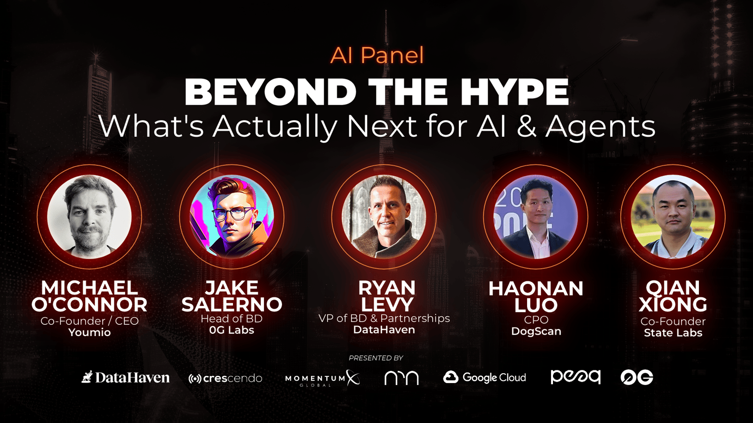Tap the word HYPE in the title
pyautogui.click(x=515, y=92)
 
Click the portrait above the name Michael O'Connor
pyautogui.click(x=89, y=217)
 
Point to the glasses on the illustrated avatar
pyautogui.click(x=232, y=214)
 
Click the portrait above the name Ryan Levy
pyautogui.click(x=384, y=217)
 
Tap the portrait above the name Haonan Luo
pyautogui.click(x=536, y=217)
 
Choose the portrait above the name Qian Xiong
pyautogui.click(x=673, y=217)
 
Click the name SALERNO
pyautogui.click(x=232, y=304)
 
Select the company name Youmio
pyautogui.click(x=89, y=332)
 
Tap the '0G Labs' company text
pyautogui.click(x=232, y=330)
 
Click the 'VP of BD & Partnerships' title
pyautogui.click(x=384, y=318)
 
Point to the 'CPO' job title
pyautogui.click(x=536, y=320)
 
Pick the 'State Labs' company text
pyautogui.click(x=673, y=333)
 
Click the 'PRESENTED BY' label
pyautogui.click(x=376, y=358)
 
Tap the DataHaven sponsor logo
pyautogui.click(x=125, y=377)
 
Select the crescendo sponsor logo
pyautogui.click(x=225, y=378)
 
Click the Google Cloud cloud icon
pyautogui.click(x=451, y=377)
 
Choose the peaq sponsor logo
pyautogui.click(x=576, y=377)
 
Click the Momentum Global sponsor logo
pyautogui.click(x=322, y=378)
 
